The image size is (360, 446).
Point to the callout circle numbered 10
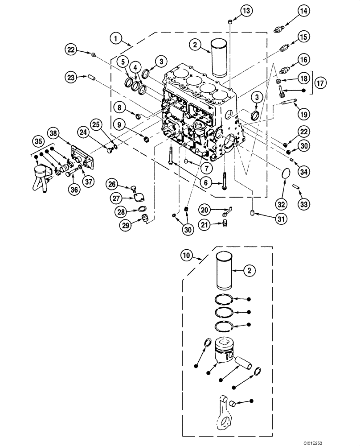tap(188, 256)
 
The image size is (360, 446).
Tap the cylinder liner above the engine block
tap(219, 55)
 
